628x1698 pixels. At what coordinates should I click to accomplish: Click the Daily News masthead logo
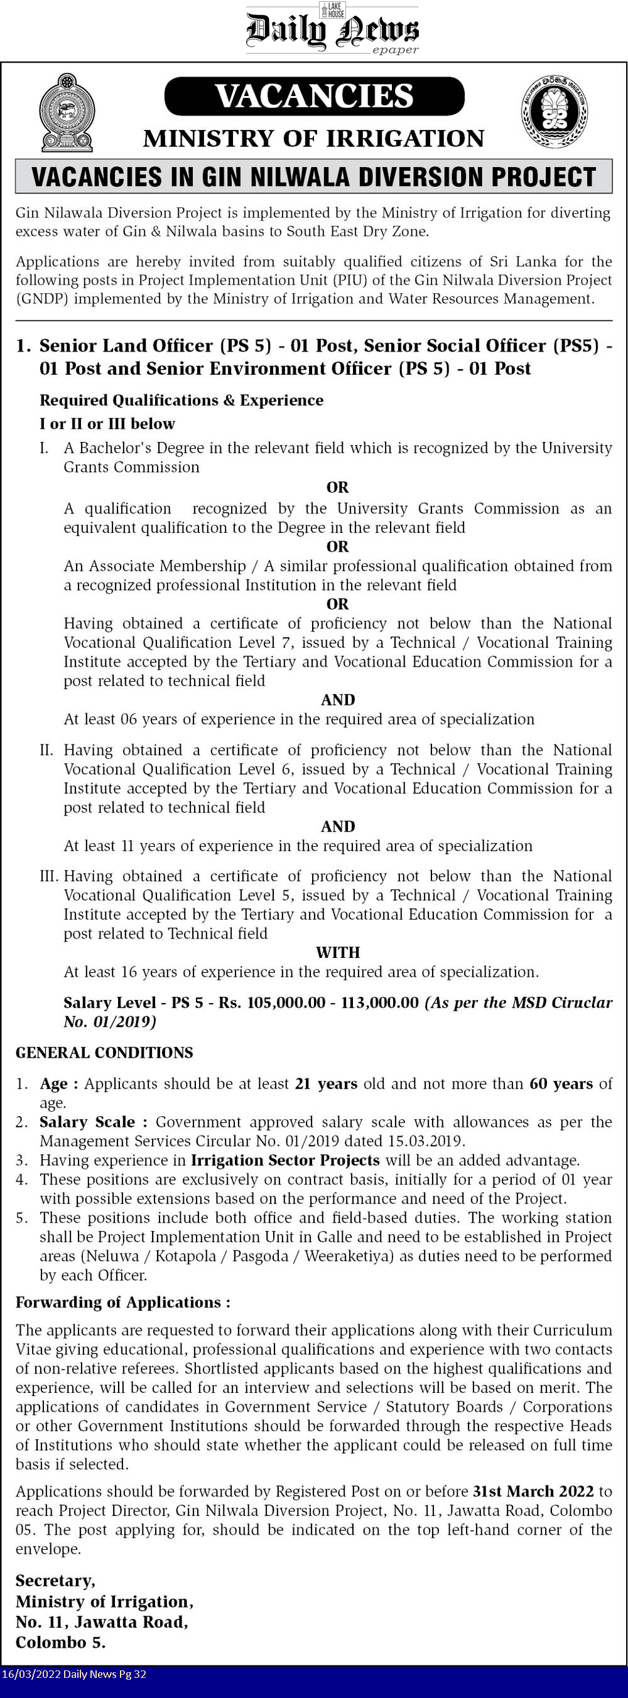332,30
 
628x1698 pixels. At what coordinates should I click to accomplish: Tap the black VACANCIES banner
314,96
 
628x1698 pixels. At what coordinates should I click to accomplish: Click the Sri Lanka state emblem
67,114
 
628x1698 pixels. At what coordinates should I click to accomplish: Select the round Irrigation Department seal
554,111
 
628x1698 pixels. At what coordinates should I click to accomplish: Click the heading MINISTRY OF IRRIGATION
314,139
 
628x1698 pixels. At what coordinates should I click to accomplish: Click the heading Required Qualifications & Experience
181,400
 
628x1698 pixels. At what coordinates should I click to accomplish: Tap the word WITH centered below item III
338,952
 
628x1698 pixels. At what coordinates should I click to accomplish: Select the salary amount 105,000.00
286,1002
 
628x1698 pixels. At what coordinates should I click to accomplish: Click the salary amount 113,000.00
379,1002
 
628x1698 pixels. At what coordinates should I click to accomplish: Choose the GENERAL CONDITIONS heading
104,1053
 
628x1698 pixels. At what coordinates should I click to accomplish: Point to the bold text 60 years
561,1083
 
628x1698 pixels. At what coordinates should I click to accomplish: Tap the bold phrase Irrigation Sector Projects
285,1160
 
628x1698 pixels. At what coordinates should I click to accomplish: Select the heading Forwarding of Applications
122,1303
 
